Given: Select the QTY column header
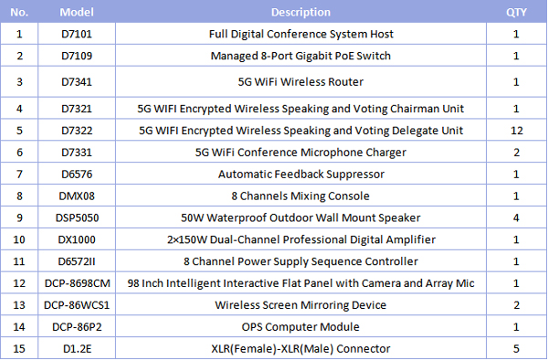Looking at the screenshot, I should tap(516, 13).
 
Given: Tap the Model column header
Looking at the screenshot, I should tap(76, 13).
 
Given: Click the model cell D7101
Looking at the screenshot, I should tap(76, 35).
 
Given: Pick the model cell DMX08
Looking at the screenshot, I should tap(76, 196).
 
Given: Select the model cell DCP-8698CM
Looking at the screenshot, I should tap(76, 283).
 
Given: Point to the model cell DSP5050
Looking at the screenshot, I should tap(76, 217).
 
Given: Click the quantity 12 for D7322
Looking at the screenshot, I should tap(516, 130).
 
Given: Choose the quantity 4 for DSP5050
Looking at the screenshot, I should tap(516, 217).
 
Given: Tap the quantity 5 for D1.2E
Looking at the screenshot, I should tap(516, 349).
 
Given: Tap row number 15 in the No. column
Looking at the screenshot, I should tap(20, 349).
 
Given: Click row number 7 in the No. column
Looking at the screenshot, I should tap(20, 174).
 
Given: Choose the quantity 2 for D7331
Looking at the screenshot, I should tap(516, 152).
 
